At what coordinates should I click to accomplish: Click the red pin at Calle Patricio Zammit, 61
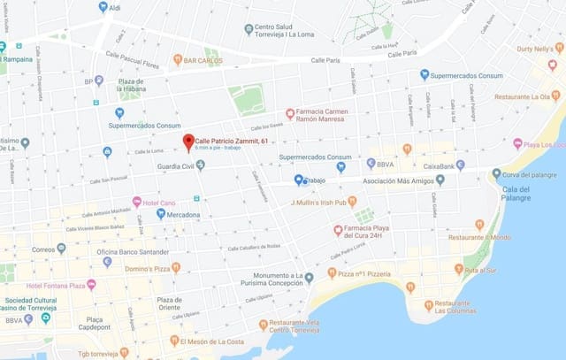tap(187, 142)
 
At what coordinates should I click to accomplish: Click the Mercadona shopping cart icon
tap(161, 213)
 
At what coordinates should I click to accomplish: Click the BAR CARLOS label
tap(203, 60)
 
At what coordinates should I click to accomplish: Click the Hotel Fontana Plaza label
tap(55, 285)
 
